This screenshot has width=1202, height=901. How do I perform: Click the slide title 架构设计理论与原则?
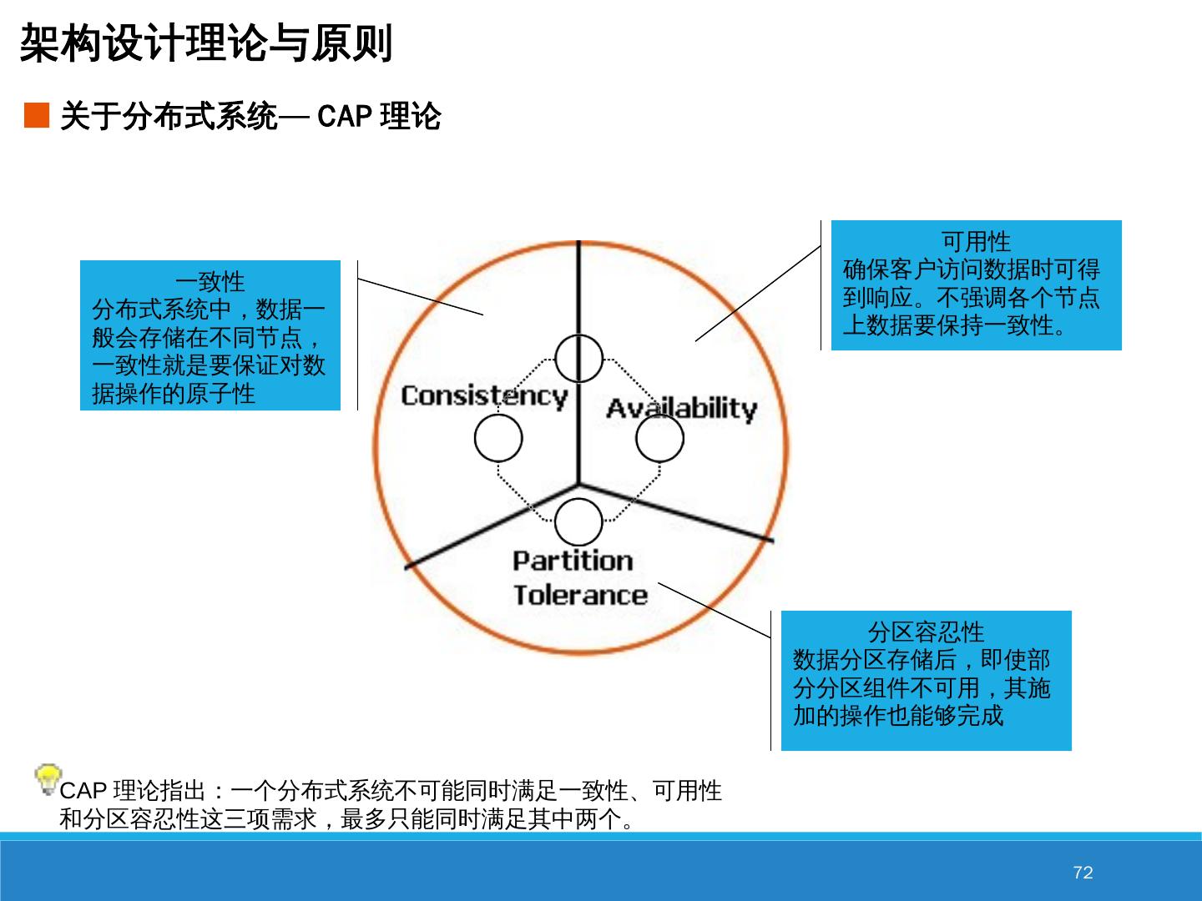tap(205, 43)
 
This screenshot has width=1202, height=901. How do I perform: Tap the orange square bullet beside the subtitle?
tap(37, 116)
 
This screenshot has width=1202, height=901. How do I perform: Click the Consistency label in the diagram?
tap(484, 395)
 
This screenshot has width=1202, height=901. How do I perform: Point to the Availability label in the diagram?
tap(681, 408)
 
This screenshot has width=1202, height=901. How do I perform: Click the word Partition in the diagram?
tap(573, 561)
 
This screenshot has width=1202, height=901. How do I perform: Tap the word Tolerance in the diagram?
tap(580, 595)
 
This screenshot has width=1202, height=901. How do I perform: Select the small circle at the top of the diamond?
tap(578, 359)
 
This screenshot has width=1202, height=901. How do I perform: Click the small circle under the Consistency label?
tap(498, 438)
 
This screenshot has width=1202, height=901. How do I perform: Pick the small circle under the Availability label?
tap(659, 438)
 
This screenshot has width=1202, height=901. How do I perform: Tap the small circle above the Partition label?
tap(578, 522)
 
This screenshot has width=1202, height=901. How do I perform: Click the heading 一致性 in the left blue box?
tap(210, 281)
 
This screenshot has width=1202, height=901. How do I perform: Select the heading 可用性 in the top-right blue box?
tap(976, 241)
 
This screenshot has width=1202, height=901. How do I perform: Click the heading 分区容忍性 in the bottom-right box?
tap(926, 632)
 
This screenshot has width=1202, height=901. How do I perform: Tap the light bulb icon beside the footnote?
tap(48, 778)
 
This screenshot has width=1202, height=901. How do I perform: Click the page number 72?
tap(1083, 873)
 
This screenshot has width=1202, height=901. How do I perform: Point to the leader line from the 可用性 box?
tap(758, 294)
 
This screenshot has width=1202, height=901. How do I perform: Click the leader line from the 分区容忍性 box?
tap(715, 610)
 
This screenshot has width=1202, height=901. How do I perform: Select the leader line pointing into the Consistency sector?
tap(421, 297)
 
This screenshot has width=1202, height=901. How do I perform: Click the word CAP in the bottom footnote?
tap(83, 791)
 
